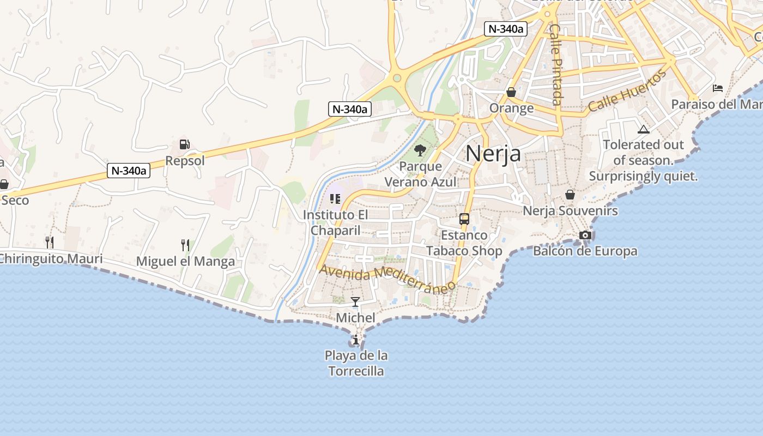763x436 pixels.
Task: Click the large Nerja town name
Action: tap(493, 154)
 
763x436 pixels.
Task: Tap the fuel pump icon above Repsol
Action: tap(185, 144)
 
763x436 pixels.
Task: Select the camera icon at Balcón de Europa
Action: tap(585, 235)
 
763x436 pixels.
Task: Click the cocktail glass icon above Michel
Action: tap(355, 301)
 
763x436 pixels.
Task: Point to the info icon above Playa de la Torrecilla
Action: tap(356, 340)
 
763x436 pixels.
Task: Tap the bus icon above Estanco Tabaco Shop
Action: tap(464, 219)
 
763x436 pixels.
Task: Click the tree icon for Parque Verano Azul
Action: tap(420, 150)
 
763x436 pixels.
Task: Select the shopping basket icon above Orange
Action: tap(511, 92)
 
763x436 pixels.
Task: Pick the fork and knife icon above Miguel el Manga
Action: tap(185, 245)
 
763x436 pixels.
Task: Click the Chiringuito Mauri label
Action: tap(51, 258)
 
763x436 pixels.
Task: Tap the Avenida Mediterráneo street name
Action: tap(387, 277)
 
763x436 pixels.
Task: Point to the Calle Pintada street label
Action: tap(555, 64)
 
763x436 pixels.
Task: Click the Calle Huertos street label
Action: tap(627, 90)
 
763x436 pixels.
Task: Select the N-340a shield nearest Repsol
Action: tap(129, 171)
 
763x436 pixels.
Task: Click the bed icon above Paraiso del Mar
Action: tap(718, 88)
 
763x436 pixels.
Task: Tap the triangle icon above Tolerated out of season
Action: tap(644, 129)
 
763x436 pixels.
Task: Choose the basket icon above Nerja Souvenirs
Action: tap(570, 195)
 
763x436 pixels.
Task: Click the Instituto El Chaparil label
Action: tap(336, 222)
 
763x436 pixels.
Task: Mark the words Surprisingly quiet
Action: tap(643, 177)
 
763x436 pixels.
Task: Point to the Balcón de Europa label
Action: tap(585, 251)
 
